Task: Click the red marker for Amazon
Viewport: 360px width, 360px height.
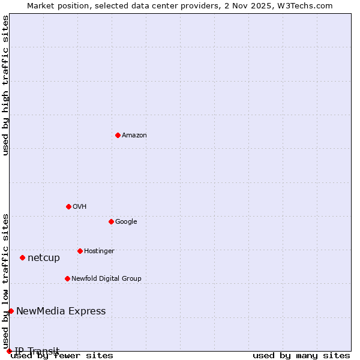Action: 118,135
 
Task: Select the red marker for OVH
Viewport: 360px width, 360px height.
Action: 68,206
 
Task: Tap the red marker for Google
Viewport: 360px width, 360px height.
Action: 111,221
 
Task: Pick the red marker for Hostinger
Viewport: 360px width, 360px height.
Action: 80,251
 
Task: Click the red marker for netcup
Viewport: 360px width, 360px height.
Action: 22,257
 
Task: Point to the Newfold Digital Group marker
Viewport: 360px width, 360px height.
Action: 67,278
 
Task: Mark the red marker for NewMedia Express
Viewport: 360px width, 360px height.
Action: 11,311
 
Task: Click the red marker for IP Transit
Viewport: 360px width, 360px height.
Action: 9,351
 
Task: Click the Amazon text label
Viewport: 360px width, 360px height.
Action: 134,136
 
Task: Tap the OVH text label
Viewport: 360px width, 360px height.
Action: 80,207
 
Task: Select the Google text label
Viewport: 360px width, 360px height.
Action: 126,222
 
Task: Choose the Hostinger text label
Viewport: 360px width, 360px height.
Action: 99,251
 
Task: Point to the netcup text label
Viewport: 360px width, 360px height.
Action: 44,258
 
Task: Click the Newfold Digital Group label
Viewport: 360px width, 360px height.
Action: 106,279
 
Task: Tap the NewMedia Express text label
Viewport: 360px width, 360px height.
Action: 61,311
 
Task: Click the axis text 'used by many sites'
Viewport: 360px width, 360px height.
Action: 301,356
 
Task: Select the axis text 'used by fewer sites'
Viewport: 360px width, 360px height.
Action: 62,356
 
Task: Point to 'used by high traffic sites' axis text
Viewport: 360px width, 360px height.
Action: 5,85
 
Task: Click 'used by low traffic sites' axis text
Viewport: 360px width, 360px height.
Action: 5,281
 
